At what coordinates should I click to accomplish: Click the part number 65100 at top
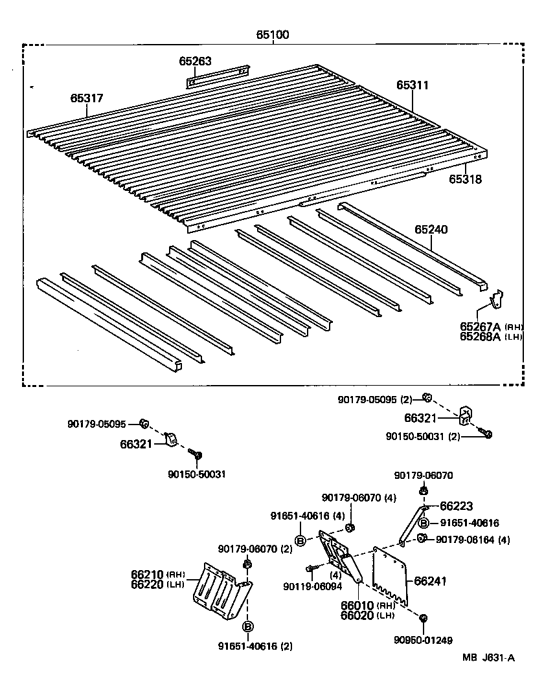(x=272, y=35)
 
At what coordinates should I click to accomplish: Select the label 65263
(x=195, y=61)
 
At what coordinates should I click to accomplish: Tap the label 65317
(x=86, y=98)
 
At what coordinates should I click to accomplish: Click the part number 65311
(x=413, y=85)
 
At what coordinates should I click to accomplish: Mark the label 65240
(x=431, y=229)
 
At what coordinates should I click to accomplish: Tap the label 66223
(x=457, y=506)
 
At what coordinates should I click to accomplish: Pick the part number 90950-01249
(x=422, y=640)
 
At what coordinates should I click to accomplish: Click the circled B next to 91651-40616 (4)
(x=301, y=540)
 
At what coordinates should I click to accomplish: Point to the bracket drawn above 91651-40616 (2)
(x=222, y=590)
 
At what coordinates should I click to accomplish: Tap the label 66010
(x=357, y=605)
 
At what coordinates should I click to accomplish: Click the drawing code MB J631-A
(x=488, y=658)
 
